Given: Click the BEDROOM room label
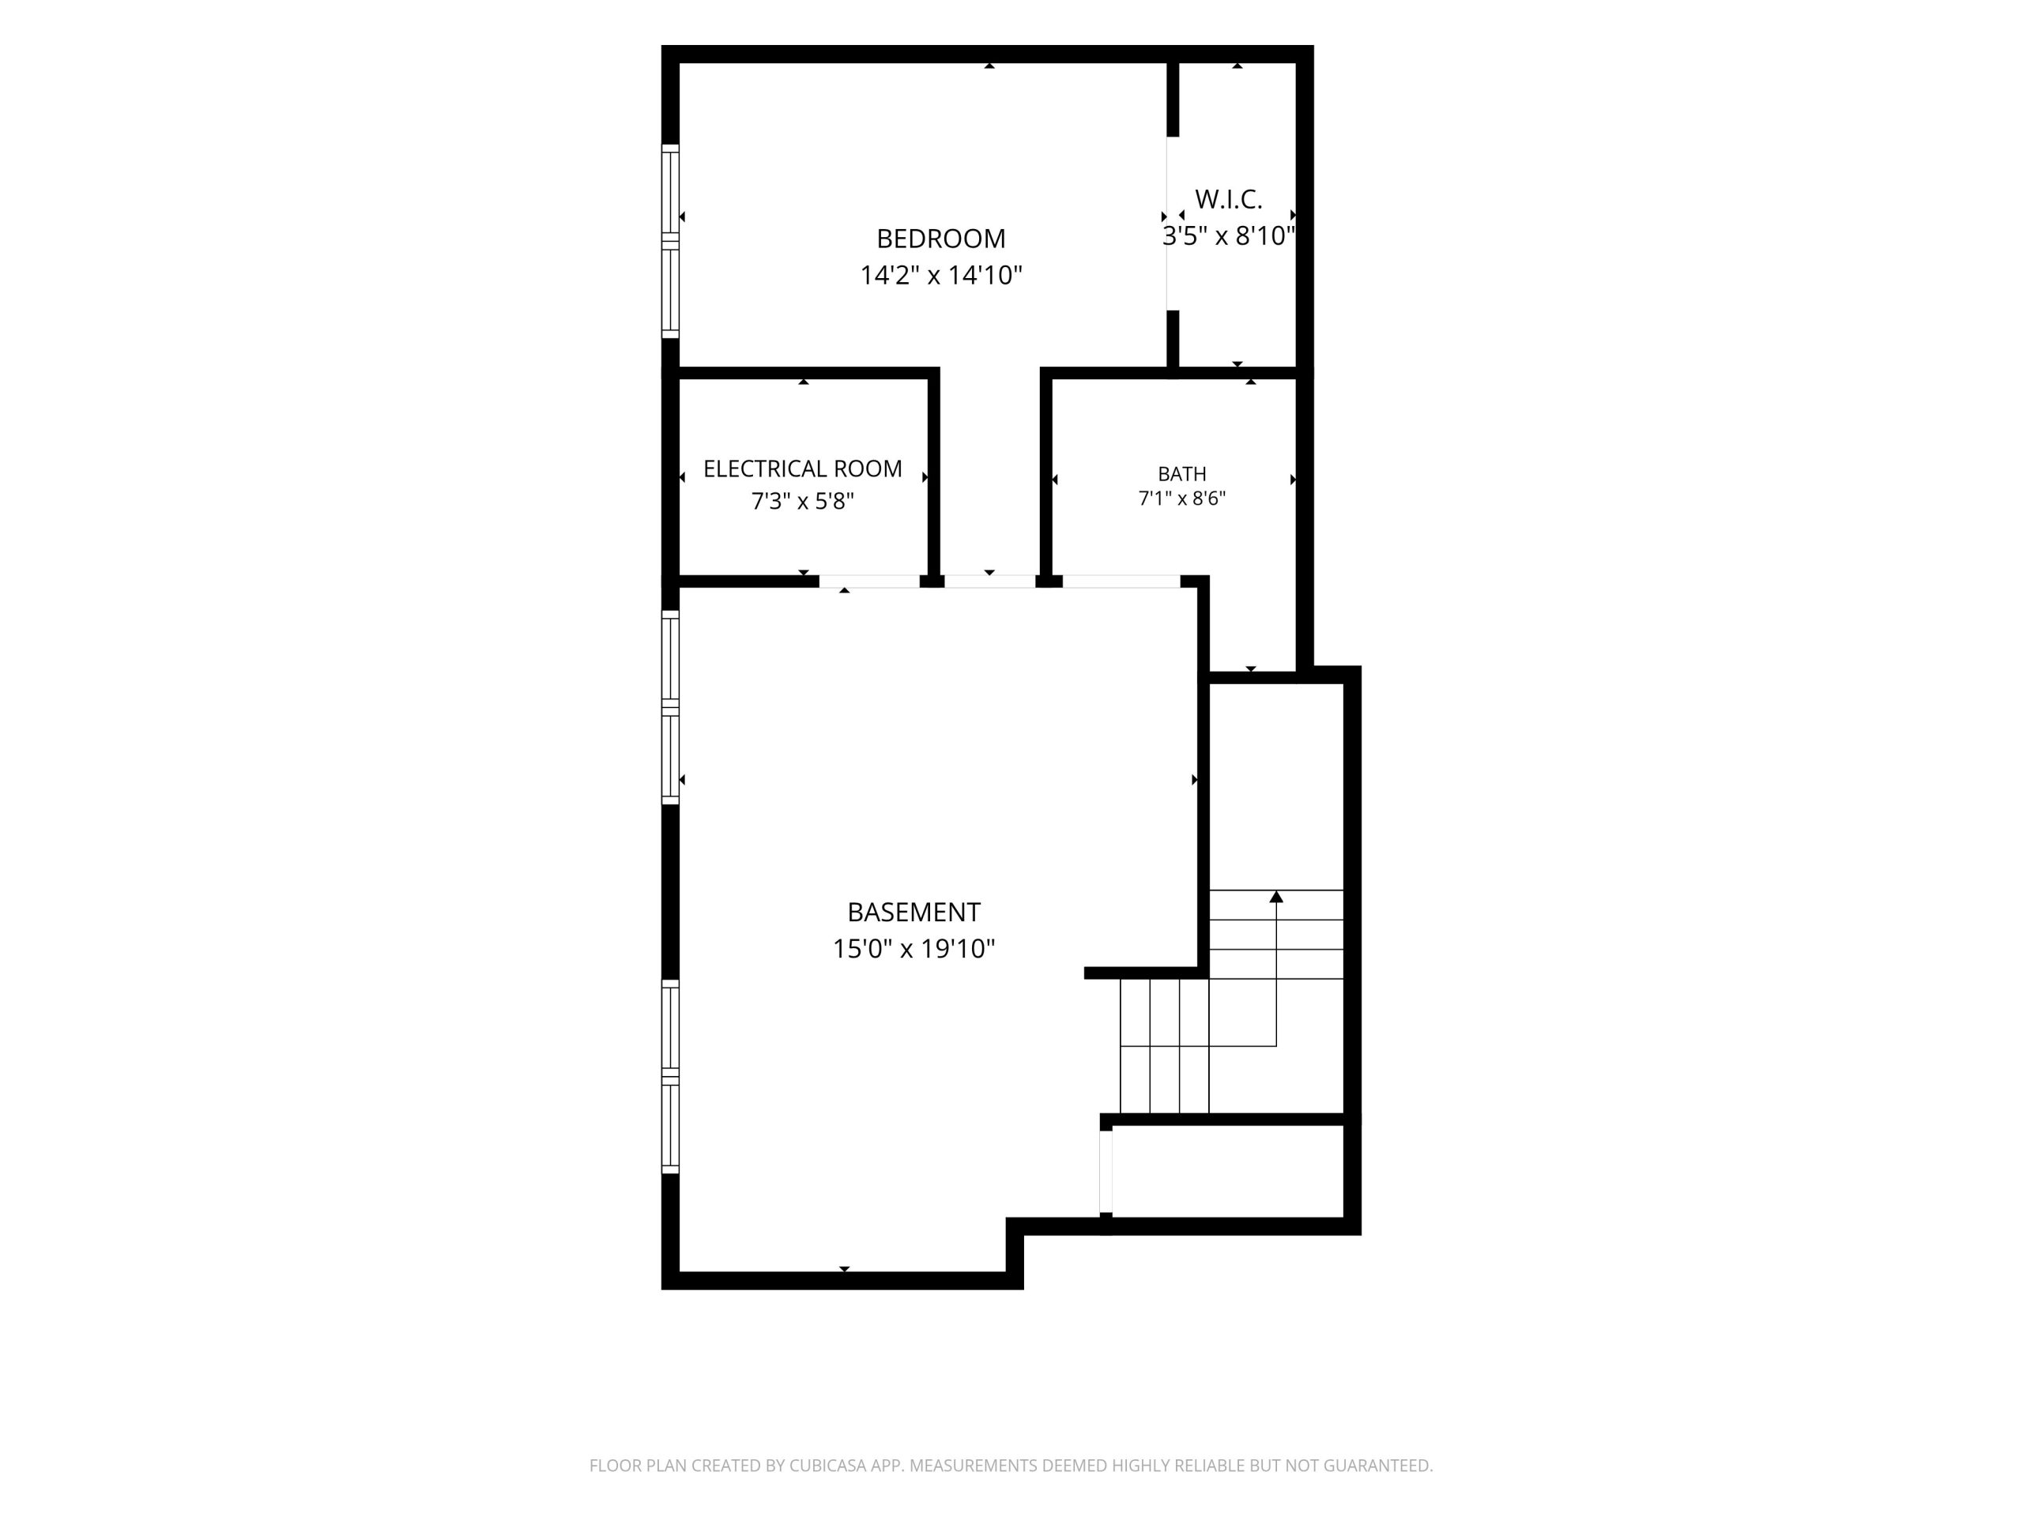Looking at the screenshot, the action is point(940,239).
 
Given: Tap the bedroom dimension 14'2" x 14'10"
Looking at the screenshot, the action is point(940,275).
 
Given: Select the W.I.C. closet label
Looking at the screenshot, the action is point(1228,199).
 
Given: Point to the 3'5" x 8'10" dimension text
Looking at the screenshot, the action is point(1228,236).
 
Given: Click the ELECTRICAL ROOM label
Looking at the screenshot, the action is point(802,469).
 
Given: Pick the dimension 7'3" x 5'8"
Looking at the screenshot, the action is point(802,501).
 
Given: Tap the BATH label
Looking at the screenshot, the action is point(1181,473).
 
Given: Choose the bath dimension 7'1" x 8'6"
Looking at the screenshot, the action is point(1181,499).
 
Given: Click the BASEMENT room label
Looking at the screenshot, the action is point(914,913).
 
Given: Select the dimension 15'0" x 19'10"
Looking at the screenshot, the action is point(914,949).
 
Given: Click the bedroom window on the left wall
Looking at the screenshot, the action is point(670,242).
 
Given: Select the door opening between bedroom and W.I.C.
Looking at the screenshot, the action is point(1168,224).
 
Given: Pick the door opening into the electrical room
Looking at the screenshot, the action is point(868,582).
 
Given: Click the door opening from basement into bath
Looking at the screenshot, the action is point(1121,582).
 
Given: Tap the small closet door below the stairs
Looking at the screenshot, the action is point(1106,1172).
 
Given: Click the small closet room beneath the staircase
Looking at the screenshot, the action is point(1227,1172).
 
